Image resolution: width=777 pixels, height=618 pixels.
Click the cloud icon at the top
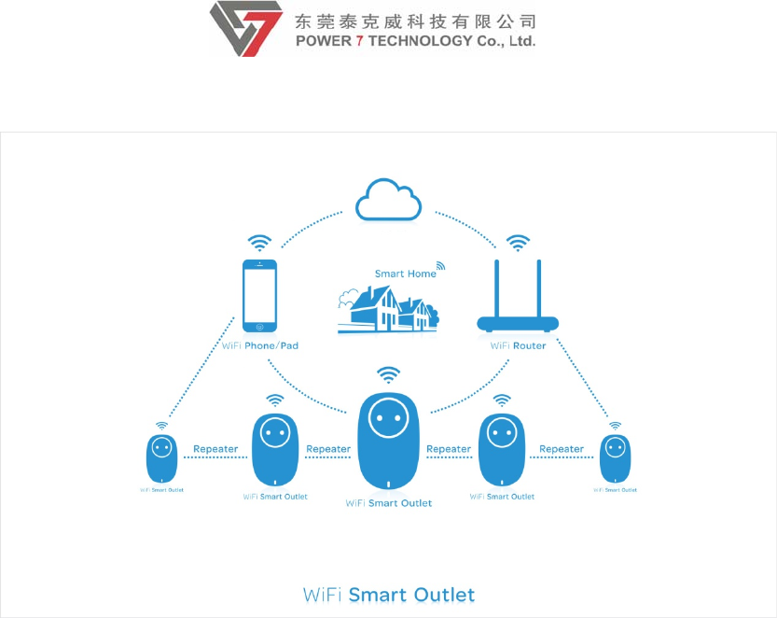(389, 199)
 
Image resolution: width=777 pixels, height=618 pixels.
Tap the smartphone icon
(259, 296)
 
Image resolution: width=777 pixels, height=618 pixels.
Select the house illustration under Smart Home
(387, 309)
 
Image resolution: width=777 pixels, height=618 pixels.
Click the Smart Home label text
(405, 274)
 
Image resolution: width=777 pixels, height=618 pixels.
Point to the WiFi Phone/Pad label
(260, 345)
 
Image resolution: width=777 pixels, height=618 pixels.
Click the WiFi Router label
(519, 345)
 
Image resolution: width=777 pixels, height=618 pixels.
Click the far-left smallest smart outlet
(161, 457)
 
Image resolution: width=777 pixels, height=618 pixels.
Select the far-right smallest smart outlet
(615, 457)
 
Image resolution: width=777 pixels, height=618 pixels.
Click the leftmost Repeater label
(215, 449)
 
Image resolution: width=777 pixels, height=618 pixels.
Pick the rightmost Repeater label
(562, 449)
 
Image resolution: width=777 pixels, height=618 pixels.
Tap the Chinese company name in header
(415, 21)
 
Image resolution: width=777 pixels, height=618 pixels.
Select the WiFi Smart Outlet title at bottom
(389, 595)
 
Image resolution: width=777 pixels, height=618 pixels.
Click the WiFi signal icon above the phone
(259, 244)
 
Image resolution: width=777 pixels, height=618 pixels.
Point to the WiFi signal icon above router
(518, 244)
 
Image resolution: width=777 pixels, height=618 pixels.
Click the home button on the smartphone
(260, 327)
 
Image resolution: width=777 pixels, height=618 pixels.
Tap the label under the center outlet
(389, 503)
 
